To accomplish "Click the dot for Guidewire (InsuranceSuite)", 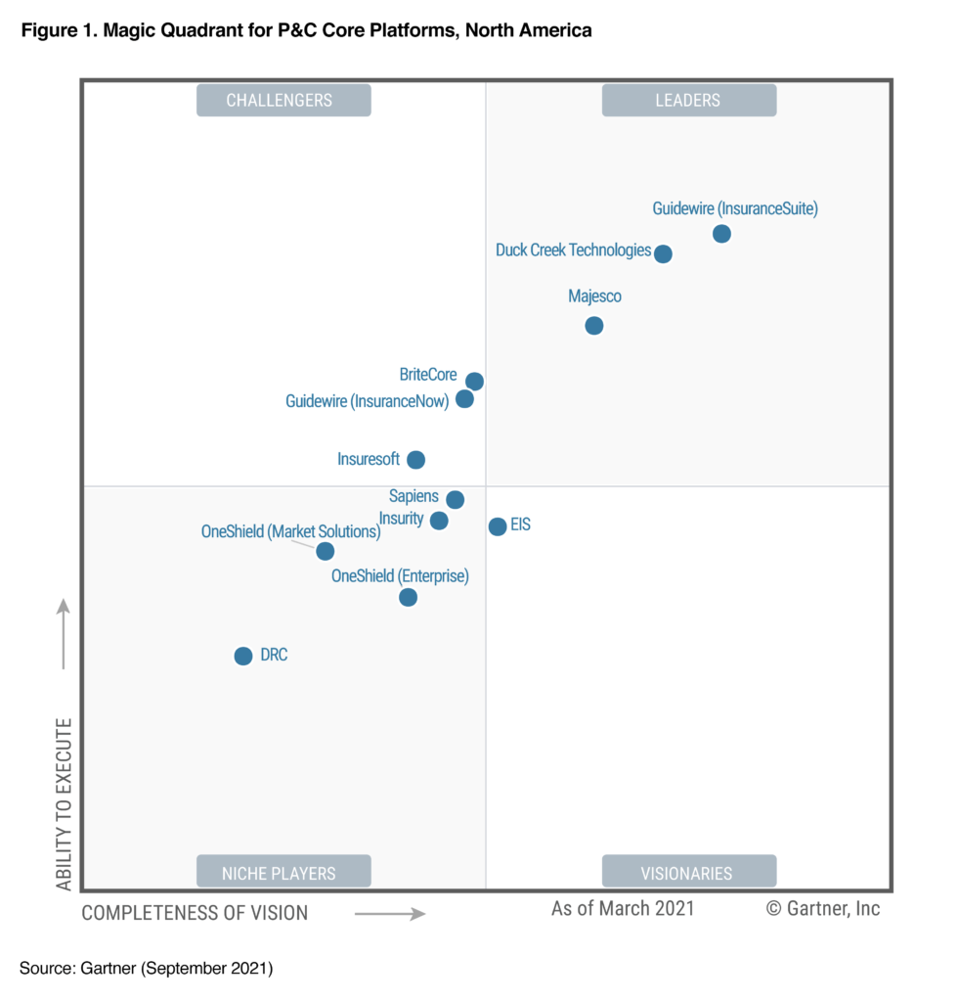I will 721,234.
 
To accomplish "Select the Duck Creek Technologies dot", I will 663,254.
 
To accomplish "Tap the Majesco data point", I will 594,326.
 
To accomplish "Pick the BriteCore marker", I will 474,382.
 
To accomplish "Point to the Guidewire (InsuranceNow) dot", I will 464,399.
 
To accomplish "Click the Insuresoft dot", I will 415,460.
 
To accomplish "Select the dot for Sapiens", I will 455,500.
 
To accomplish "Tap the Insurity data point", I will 439,521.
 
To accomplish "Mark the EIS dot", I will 498,526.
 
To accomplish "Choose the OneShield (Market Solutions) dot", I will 326,552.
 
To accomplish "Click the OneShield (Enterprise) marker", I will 408,597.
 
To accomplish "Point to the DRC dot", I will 243,656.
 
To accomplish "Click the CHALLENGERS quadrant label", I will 283,100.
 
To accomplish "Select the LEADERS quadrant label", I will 688,100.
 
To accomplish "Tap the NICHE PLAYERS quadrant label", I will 283,872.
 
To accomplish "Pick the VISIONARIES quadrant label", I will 688,872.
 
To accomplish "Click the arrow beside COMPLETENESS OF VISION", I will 389,914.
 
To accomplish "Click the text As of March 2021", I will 623,908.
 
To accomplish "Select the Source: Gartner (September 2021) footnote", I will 146,969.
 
